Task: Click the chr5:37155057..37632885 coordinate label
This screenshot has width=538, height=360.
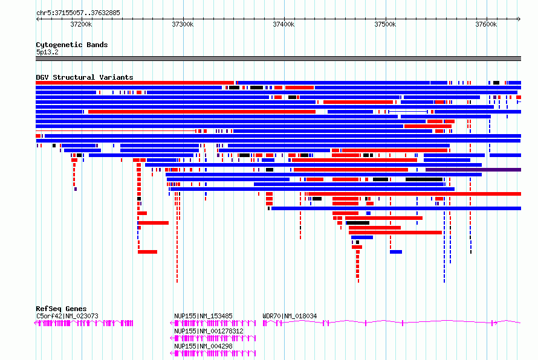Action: click(78, 13)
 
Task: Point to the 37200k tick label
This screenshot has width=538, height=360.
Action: click(81, 24)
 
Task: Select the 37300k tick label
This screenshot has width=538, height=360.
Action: click(183, 24)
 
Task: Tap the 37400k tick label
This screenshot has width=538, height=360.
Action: click(284, 24)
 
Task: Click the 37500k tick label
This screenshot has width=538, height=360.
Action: click(385, 24)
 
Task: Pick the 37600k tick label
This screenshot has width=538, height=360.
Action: click(486, 24)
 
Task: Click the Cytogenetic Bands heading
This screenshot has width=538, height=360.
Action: click(72, 45)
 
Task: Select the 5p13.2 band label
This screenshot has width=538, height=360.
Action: click(47, 52)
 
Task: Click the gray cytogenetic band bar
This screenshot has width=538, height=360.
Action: click(278, 59)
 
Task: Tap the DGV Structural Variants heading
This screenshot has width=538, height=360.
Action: click(85, 77)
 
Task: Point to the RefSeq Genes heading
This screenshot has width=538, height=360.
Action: click(61, 309)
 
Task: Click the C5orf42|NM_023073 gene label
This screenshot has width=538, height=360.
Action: click(67, 316)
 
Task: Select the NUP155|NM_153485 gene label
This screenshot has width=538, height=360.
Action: click(203, 316)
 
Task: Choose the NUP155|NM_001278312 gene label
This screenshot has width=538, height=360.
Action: click(209, 331)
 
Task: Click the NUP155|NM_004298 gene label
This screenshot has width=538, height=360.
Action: click(203, 346)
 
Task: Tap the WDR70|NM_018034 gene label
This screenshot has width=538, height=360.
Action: click(290, 316)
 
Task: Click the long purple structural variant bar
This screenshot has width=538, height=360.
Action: click(473, 170)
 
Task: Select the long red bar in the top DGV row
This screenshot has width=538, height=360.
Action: click(135, 83)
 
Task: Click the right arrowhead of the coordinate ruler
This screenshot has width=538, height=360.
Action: click(519, 19)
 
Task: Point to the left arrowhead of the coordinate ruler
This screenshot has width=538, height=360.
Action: click(37, 19)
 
